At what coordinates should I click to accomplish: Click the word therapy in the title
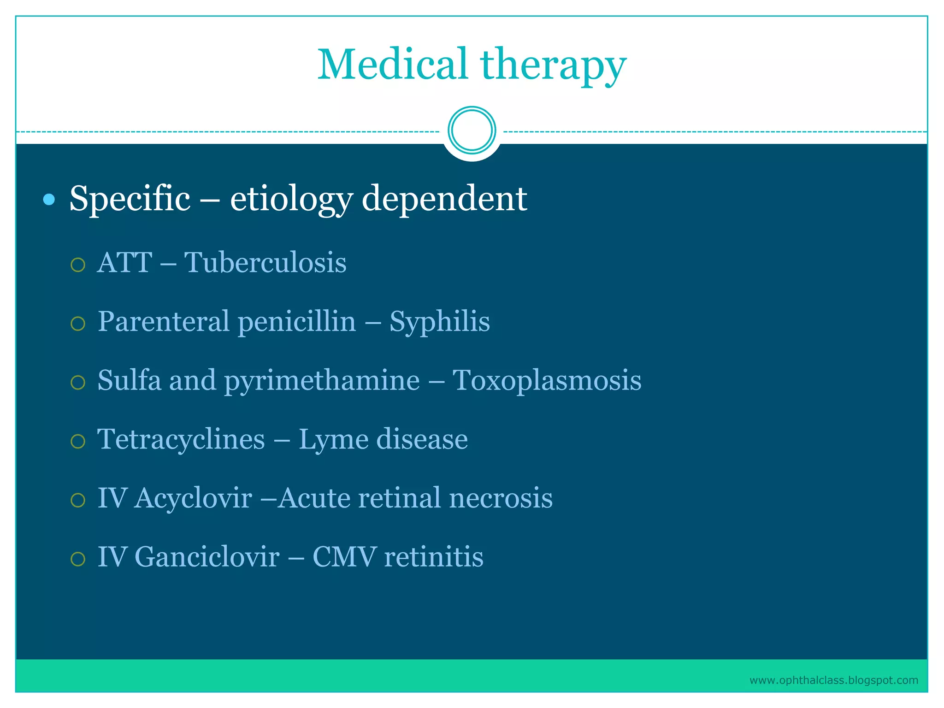coord(553,65)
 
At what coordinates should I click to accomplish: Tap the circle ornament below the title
coord(472,130)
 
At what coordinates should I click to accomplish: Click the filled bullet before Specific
coord(48,200)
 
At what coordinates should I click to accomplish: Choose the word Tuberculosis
coord(265,263)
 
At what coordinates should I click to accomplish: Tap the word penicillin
coord(297,321)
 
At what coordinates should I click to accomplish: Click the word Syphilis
coord(439,322)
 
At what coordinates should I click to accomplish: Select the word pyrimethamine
coord(322,381)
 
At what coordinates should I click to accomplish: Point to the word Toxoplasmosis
coord(547,381)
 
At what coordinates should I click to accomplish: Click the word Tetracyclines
coord(181,439)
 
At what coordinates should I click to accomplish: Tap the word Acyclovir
coord(193,499)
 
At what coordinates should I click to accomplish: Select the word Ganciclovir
coord(207,557)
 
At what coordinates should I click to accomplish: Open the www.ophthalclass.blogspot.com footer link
coord(833,680)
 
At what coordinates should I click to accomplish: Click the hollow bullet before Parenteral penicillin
coord(78,324)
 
